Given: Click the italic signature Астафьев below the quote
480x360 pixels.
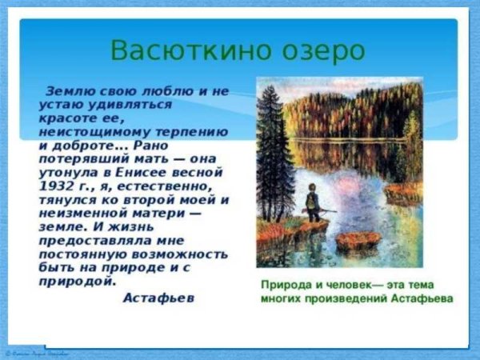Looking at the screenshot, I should [x=158, y=297].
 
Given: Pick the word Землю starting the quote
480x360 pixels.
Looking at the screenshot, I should [x=68, y=90].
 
